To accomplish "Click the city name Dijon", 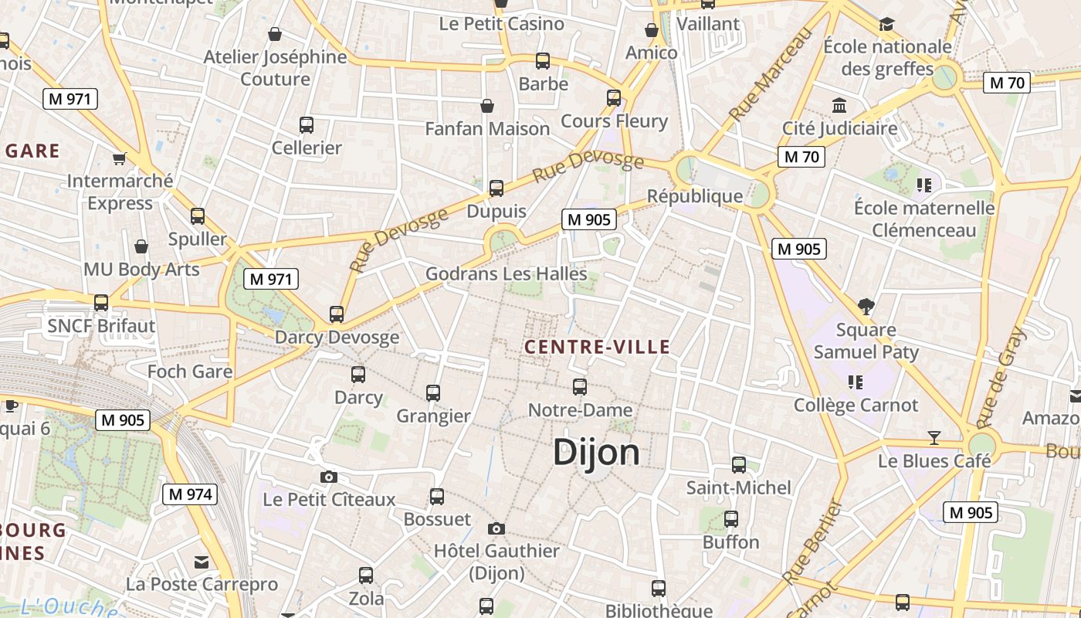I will (596, 453).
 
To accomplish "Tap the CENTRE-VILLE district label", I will (598, 347).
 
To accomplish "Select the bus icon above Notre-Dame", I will (580, 387).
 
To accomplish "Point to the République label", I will (694, 196).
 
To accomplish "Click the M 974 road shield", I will (189, 494).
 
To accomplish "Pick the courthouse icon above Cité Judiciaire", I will (839, 105).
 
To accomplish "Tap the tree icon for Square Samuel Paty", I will (866, 307).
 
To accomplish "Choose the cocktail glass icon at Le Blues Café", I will (934, 438).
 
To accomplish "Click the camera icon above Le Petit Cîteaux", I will (329, 477).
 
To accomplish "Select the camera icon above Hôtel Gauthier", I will (496, 528).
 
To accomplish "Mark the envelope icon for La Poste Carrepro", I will (202, 562).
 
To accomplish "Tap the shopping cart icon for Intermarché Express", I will (119, 158).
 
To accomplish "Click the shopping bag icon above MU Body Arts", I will (141, 246).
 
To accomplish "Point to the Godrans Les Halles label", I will (507, 273).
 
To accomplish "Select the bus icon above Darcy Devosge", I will (337, 314).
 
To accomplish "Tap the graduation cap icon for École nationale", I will (886, 25).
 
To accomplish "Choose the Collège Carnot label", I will (856, 405).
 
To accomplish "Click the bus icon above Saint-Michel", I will (739, 465).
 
